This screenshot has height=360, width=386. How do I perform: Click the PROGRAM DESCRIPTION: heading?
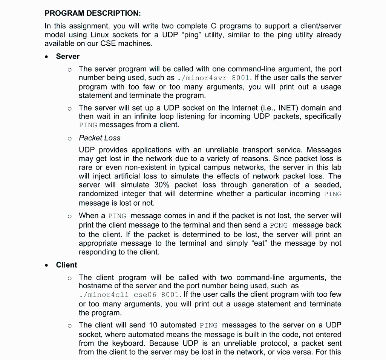point(92,14)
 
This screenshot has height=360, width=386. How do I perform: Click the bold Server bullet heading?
point(67,56)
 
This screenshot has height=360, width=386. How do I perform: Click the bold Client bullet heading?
point(66,265)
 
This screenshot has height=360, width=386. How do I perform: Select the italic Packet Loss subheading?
point(100,138)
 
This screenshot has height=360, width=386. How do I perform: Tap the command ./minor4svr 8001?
point(214,78)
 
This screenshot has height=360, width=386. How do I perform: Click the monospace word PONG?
point(279,225)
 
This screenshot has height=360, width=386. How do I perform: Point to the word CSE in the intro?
point(108,43)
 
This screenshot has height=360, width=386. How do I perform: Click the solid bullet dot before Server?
point(46,57)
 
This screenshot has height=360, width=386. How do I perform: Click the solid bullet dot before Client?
point(46,265)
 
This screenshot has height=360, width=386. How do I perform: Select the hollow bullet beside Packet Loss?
point(69,138)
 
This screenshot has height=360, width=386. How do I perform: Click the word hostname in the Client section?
point(95,286)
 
